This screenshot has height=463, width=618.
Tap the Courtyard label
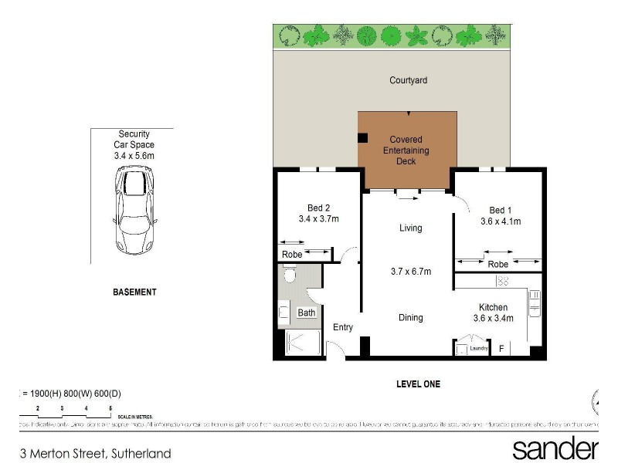point(408,80)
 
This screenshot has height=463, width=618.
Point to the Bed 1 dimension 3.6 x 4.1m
point(500,221)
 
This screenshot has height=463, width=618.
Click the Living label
point(410,228)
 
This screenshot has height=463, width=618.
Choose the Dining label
point(410,317)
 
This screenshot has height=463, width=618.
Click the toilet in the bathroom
point(290,275)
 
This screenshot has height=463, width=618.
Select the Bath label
point(307,313)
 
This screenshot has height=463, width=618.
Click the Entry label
point(343,327)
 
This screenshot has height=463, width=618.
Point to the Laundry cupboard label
point(479,349)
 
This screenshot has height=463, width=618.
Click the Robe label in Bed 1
point(498,265)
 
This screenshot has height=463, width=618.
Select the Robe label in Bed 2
point(291,254)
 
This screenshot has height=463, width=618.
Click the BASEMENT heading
point(134,292)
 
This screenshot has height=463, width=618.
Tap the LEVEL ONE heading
point(418,384)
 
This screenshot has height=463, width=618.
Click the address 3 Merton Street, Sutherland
point(96,453)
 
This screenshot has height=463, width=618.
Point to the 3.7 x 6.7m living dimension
point(410,271)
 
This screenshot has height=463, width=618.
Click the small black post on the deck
point(362,139)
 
